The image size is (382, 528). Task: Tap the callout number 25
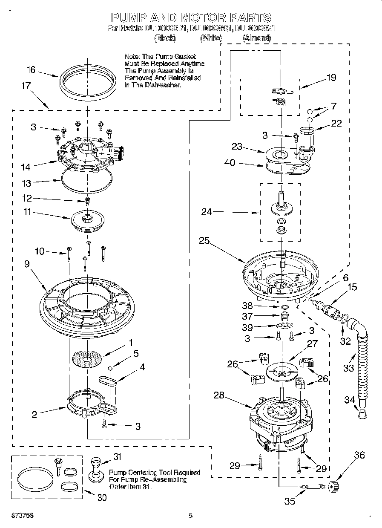click(204, 240)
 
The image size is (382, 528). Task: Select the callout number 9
click(27, 264)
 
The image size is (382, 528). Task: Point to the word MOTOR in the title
click(202, 17)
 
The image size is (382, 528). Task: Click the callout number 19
click(331, 78)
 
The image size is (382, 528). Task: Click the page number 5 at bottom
click(191, 516)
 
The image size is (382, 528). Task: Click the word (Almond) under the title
click(257, 38)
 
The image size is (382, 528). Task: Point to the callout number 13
click(27, 183)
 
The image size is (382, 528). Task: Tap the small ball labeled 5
click(111, 368)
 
